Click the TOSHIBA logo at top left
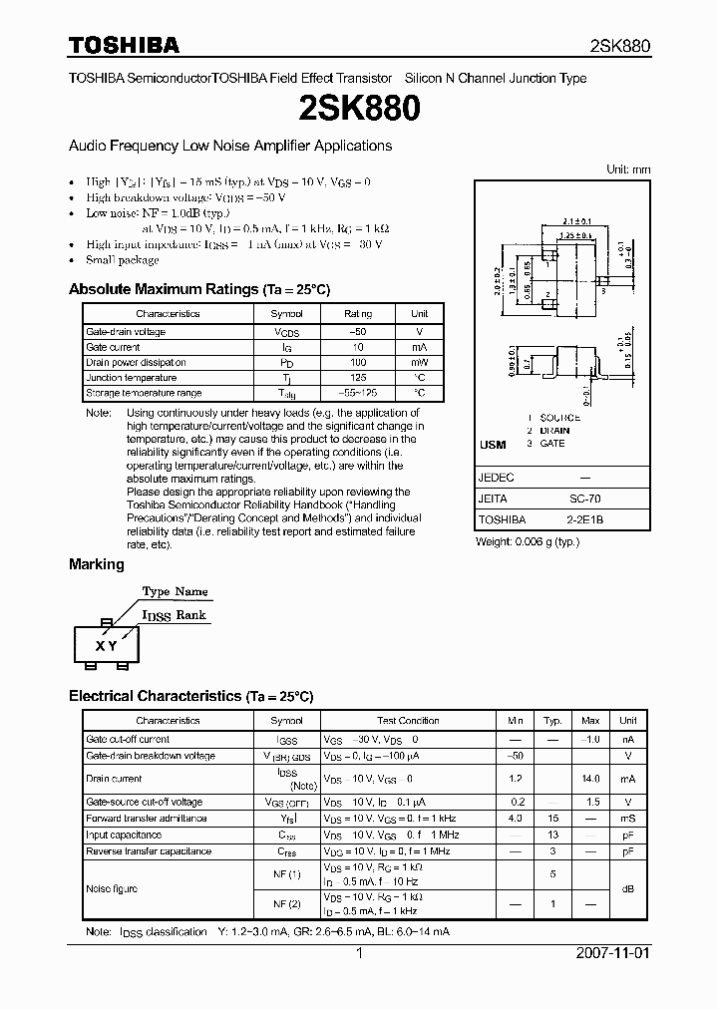[x=124, y=45]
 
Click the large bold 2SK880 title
[x=359, y=109]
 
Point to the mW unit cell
[x=420, y=362]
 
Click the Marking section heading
[x=96, y=564]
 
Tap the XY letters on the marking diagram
[x=106, y=645]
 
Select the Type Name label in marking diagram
[x=175, y=591]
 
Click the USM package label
[x=493, y=445]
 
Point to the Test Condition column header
[x=408, y=720]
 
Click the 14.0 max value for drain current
[x=590, y=778]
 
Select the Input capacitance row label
[x=124, y=835]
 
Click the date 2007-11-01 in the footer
[x=611, y=953]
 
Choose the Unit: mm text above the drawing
[x=628, y=169]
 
